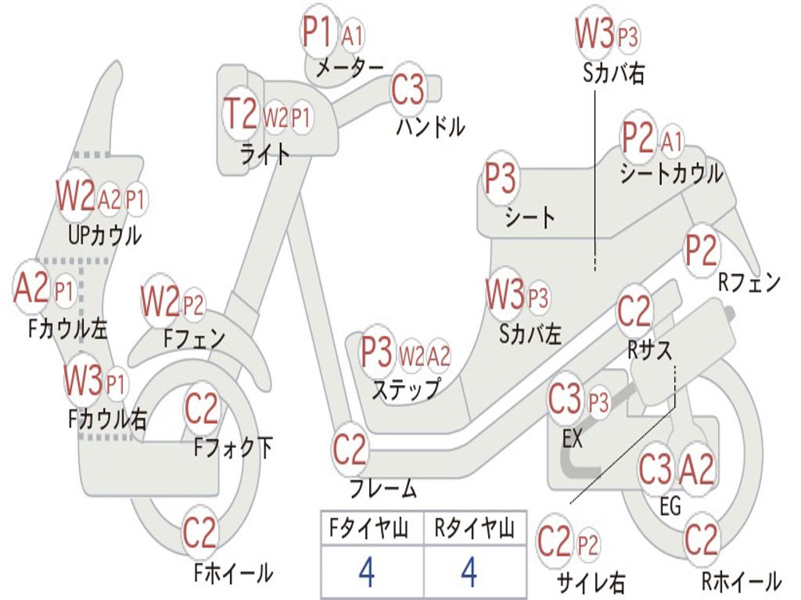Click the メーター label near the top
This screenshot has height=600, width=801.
click(349, 68)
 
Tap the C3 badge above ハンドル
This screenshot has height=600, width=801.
click(408, 91)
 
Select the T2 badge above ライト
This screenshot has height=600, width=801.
click(240, 115)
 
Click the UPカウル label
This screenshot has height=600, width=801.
click(105, 234)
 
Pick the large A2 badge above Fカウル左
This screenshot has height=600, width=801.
click(31, 287)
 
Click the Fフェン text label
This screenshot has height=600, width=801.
click(194, 338)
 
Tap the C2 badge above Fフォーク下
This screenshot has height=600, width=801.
click(202, 408)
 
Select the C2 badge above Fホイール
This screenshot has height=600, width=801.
click(199, 533)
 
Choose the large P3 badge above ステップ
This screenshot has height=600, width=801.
click(376, 353)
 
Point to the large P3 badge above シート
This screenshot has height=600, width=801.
click(501, 179)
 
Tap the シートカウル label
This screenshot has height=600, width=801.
click(671, 174)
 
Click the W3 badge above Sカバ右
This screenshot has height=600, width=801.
click(594, 34)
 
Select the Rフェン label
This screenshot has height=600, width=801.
click(749, 284)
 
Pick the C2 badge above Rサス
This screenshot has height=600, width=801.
click(634, 312)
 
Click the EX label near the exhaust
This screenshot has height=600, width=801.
click(573, 438)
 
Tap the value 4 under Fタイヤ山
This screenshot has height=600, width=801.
click(366, 573)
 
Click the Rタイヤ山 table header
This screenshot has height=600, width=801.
click(474, 530)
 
